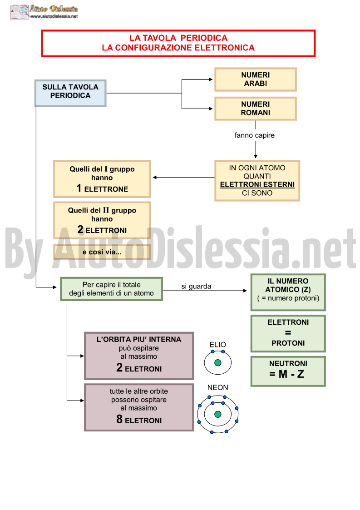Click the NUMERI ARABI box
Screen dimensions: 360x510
[x=255, y=79]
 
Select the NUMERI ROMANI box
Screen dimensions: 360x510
[x=255, y=109]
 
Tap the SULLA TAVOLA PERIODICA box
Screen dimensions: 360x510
[x=70, y=93]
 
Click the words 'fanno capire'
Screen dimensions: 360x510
[x=254, y=135]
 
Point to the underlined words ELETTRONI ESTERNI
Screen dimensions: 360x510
[x=257, y=184]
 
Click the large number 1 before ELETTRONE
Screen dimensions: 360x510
[x=79, y=188]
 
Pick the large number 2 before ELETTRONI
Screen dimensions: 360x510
[x=80, y=229]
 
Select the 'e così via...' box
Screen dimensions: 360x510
[x=102, y=252]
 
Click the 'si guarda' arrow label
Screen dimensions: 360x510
[x=196, y=286]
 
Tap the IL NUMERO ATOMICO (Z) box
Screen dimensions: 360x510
[x=288, y=292]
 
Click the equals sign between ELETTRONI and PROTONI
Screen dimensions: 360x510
[x=288, y=333]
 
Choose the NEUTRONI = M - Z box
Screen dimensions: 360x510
[x=288, y=371]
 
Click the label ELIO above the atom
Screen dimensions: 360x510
[x=217, y=344]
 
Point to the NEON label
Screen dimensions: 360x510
[x=217, y=387]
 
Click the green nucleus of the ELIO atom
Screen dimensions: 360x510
[x=218, y=363]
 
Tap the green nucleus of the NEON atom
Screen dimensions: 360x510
[x=218, y=414]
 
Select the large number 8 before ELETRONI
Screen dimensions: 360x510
[x=119, y=419]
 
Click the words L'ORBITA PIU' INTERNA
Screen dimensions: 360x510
[x=139, y=339]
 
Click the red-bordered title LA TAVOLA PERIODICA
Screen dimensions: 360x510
[x=178, y=38]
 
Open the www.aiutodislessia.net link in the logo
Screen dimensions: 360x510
[x=54, y=16]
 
